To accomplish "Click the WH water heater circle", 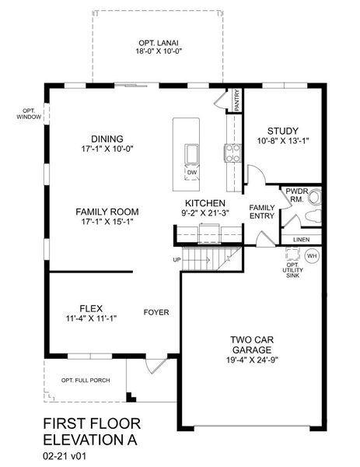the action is point(312,256).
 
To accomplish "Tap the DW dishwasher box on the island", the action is point(192,173).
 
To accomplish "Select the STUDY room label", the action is point(283,131).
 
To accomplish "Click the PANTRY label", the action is point(237,100).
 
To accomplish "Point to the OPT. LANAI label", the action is point(159,43).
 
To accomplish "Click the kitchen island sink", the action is point(191,154).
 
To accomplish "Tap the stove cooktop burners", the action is point(233,153).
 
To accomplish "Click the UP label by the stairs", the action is point(177,260).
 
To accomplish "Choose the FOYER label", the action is point(156,312).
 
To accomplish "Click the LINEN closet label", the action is point(301,240).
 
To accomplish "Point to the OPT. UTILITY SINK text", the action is point(293,270).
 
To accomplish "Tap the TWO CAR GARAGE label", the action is point(252,345).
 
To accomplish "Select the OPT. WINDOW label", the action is point(29,114).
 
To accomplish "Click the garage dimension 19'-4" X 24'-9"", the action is point(252,360).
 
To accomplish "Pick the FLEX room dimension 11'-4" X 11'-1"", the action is point(91,318).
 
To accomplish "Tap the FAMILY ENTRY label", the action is point(262,212).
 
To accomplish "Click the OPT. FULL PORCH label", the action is point(86,381).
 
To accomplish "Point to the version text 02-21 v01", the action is point(65,455).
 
